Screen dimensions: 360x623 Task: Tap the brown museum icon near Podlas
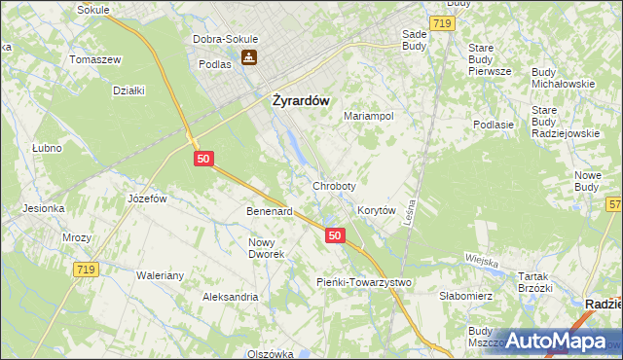pyautogui.click(x=250, y=57)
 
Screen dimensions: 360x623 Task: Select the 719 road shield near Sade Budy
pyautogui.click(x=442, y=21)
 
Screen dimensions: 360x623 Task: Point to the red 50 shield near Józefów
pyautogui.click(x=202, y=158)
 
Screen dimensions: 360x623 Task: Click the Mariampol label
pyautogui.click(x=368, y=116)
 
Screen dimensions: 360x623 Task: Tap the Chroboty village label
pyautogui.click(x=334, y=185)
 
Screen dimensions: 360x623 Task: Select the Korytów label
pyautogui.click(x=376, y=210)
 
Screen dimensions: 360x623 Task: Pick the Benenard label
pyautogui.click(x=270, y=211)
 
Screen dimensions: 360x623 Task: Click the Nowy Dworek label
pyautogui.click(x=267, y=248)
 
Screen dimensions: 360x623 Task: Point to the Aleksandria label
pyautogui.click(x=230, y=297)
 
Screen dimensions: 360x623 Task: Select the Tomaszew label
pyautogui.click(x=93, y=59)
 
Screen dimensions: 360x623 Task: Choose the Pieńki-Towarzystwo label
pyautogui.click(x=364, y=282)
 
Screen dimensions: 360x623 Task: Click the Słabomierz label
pyautogui.click(x=468, y=296)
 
